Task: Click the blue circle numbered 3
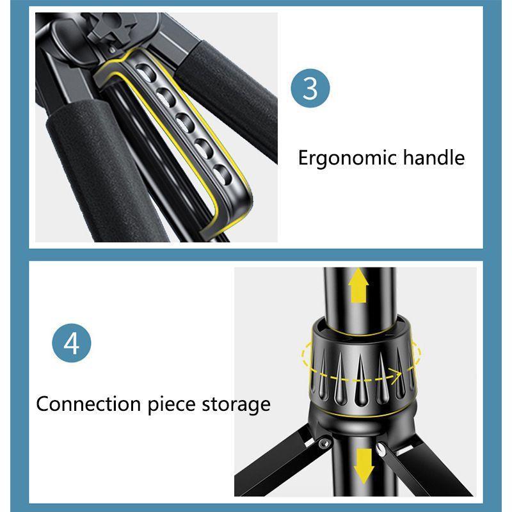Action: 310,88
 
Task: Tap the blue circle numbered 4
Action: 72,343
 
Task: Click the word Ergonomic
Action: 348,158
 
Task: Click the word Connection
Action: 88,404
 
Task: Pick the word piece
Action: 172,405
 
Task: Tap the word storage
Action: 236,406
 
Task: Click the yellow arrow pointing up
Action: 358,285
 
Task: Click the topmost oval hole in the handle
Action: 145,72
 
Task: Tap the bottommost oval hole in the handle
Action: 222,175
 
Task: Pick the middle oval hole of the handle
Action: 185,123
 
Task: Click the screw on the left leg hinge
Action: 324,444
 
